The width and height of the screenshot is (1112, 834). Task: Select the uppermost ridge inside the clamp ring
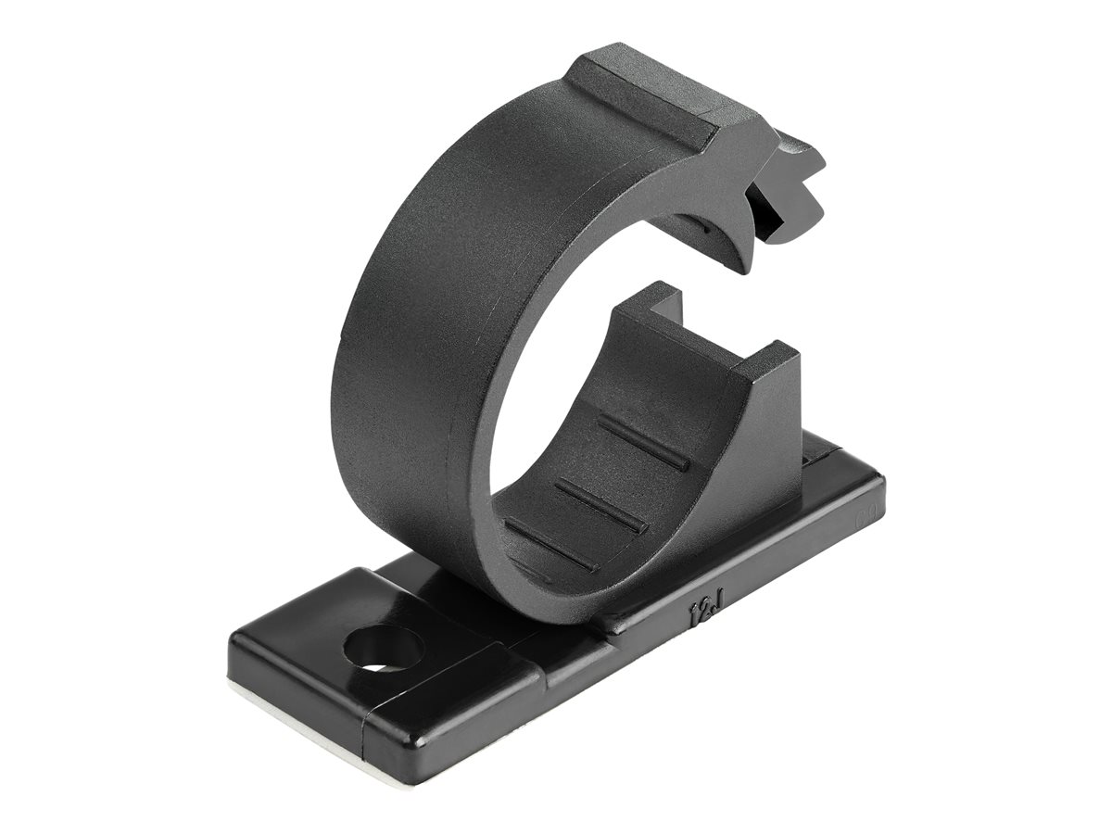click(642, 442)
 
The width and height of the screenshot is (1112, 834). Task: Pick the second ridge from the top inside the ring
click(600, 505)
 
